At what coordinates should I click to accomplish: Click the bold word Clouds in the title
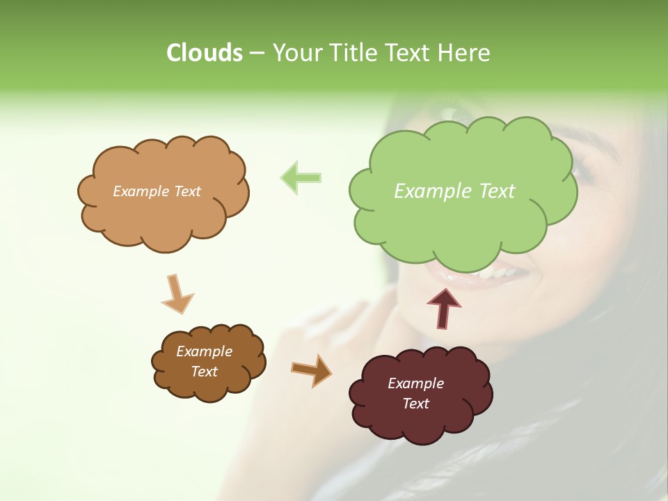(x=204, y=53)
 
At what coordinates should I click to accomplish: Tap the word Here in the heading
(x=464, y=53)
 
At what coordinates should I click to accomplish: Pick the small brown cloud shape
(x=209, y=386)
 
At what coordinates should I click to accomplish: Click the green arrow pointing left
(x=301, y=177)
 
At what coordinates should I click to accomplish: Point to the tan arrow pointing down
(x=177, y=294)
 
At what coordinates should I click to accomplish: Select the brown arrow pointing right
(x=311, y=370)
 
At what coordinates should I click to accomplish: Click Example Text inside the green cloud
(x=454, y=191)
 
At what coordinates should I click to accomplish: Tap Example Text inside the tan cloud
(x=157, y=191)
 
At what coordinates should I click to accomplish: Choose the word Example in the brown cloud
(x=204, y=351)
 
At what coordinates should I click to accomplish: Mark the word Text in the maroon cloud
(x=415, y=404)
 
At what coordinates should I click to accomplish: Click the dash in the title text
(x=257, y=54)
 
